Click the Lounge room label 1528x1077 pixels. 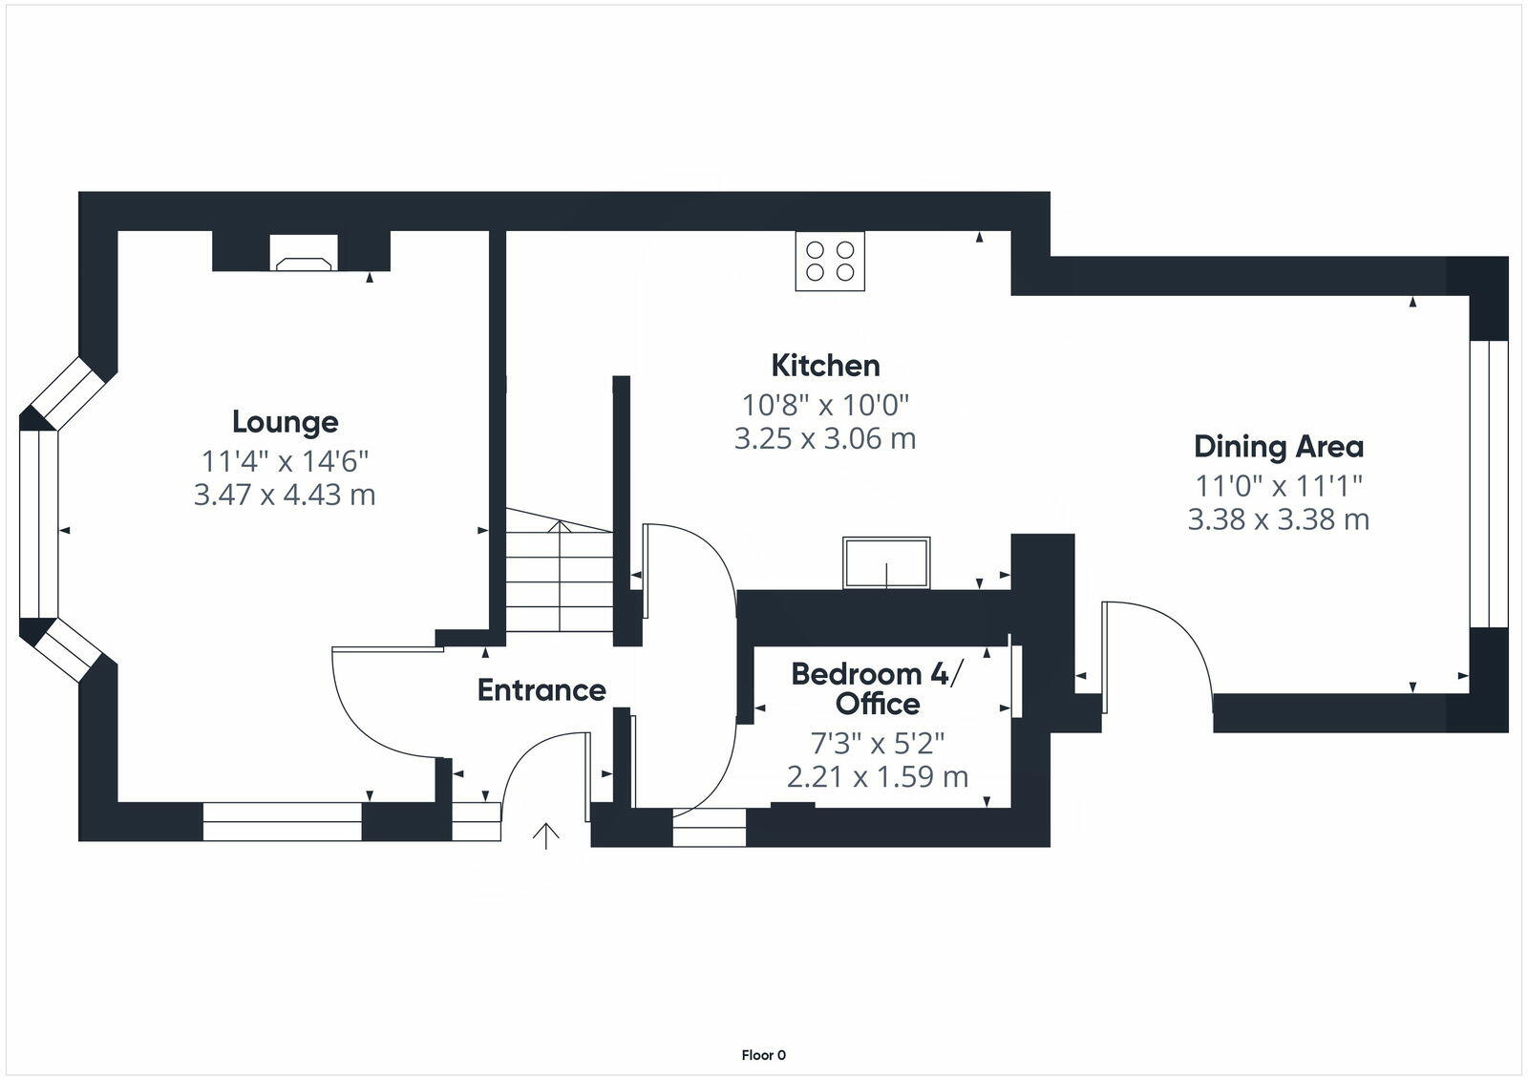285,421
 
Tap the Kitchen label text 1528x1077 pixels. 825,365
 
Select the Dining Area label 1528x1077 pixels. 1279,446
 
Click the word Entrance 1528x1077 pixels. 541,689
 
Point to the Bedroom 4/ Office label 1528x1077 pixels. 878,688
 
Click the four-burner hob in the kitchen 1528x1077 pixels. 830,261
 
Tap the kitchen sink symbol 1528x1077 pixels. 886,563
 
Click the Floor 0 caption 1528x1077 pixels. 763,1055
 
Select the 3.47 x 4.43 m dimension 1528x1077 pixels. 285,495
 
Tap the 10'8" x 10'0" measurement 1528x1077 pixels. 825,404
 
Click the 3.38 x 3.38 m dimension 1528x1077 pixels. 1279,519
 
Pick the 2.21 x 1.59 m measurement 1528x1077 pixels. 878,776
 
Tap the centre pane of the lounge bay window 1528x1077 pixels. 38,525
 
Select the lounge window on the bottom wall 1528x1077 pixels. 283,821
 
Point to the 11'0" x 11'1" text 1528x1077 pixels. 1279,485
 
